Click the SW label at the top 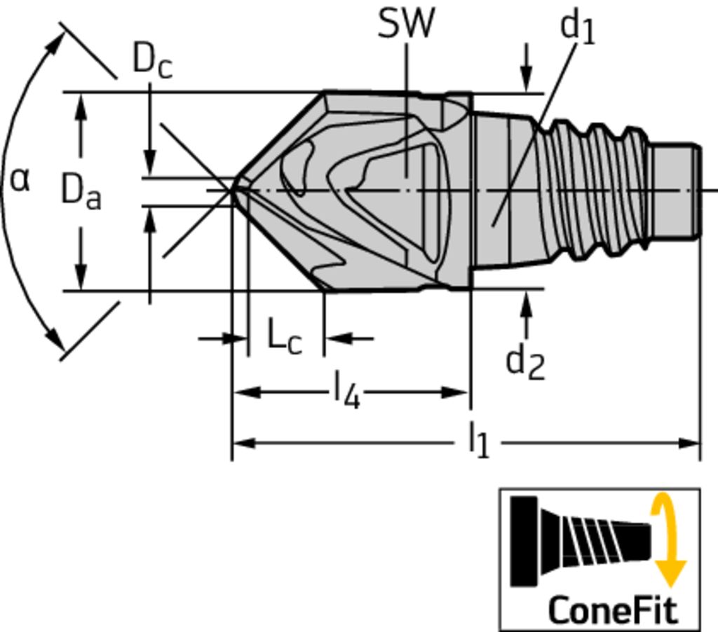(x=406, y=24)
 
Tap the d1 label (x=578, y=28)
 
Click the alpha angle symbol (x=20, y=179)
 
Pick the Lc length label (x=285, y=336)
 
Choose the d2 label (x=525, y=363)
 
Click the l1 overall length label (x=479, y=441)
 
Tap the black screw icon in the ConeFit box (x=580, y=540)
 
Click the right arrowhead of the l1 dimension (x=689, y=443)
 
